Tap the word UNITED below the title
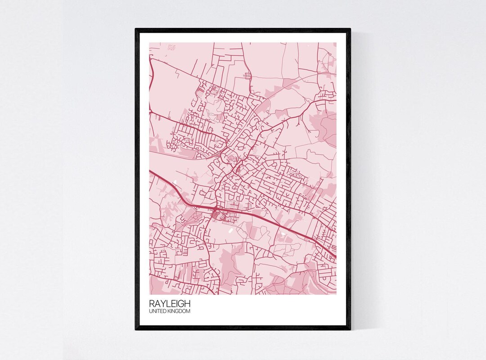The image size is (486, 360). tap(158, 311)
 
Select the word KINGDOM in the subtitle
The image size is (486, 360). tap(180, 311)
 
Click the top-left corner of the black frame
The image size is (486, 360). tap(136, 29)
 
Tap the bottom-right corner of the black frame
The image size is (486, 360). tap(350, 329)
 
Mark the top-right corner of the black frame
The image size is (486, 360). tap(350, 29)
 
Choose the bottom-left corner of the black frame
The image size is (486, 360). tap(136, 329)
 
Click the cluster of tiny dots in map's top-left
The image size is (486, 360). tap(171, 47)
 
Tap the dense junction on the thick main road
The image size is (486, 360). tap(216, 209)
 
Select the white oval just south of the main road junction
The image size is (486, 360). tap(230, 230)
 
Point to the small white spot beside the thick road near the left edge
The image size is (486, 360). tap(175, 180)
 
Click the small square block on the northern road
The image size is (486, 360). tap(247, 76)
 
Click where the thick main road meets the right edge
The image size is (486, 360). tap(335, 257)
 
